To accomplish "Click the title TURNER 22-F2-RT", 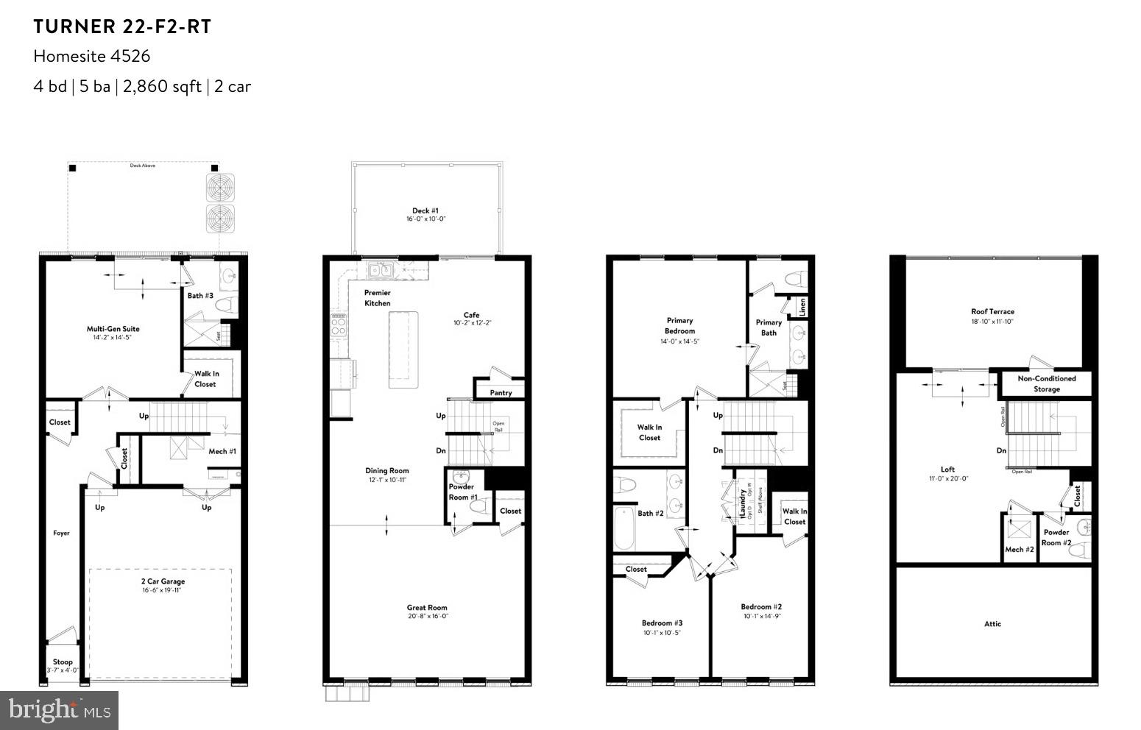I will [122, 27].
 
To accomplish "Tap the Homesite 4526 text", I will [92, 56].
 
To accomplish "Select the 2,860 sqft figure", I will [162, 86].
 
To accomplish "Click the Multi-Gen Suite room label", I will [113, 329].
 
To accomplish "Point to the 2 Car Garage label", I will [163, 581].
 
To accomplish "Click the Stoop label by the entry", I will [63, 662].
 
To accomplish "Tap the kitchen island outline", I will [403, 350].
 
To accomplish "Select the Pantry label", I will [501, 393].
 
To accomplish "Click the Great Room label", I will [427, 608].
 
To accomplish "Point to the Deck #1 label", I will [425, 210].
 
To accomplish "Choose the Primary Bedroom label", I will [679, 325].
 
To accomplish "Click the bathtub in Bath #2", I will [624, 528].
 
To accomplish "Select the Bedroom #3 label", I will [662, 623].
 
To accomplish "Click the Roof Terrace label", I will [992, 311].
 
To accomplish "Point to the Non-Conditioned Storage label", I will [1046, 383].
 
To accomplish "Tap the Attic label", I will [992, 623].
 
